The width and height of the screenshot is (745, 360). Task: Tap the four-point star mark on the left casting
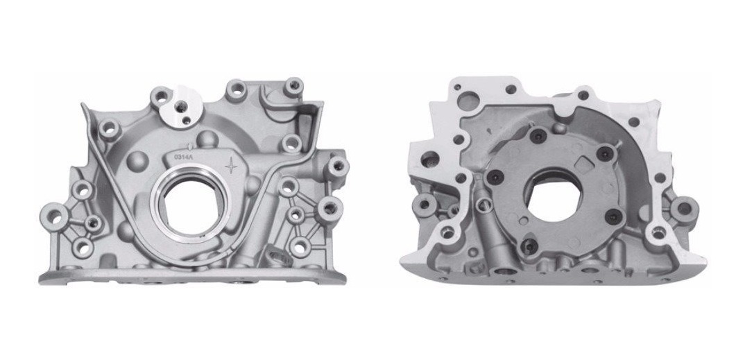pos(232,166)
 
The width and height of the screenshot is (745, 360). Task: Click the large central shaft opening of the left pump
pos(191,205)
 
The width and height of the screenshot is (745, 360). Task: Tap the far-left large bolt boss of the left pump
pos(54,216)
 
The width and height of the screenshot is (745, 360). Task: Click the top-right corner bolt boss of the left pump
pos(293,86)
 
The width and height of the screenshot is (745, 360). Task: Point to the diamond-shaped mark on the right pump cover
pos(584,164)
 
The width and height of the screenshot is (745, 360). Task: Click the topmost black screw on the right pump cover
pos(538,137)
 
